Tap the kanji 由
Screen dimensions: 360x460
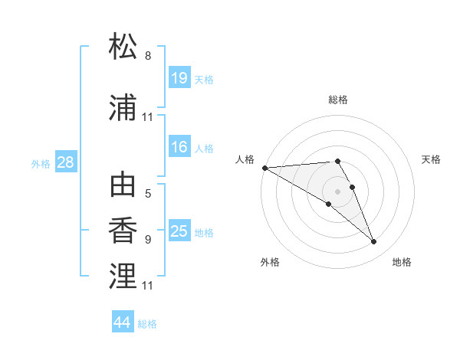(x=123, y=186)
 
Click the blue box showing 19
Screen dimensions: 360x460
(x=179, y=78)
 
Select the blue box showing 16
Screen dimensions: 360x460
(x=179, y=147)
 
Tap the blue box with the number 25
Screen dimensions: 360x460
(x=179, y=231)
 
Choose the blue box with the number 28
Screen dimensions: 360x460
(x=65, y=162)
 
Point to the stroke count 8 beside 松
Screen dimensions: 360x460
(x=148, y=56)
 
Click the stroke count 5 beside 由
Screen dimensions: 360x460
(x=148, y=193)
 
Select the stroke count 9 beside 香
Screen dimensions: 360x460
(x=148, y=239)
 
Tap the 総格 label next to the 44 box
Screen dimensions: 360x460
(x=147, y=324)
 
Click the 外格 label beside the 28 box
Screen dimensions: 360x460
(x=41, y=164)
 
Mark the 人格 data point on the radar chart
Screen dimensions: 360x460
(x=264, y=168)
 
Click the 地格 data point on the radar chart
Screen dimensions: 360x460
(x=374, y=242)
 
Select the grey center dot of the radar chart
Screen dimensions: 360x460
(x=337, y=191)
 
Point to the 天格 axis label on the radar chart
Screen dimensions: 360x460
(x=432, y=159)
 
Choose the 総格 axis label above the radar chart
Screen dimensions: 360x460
(x=337, y=100)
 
